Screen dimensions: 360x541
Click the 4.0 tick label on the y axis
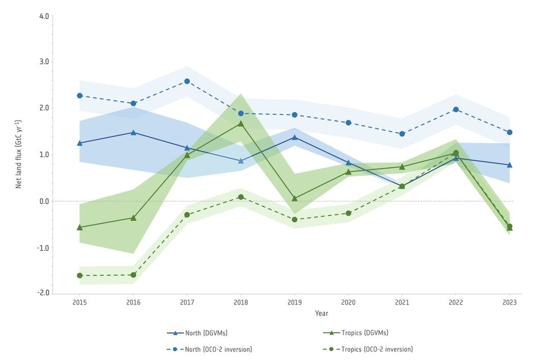[x=43, y=15]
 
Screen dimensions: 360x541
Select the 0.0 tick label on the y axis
[x=43, y=201]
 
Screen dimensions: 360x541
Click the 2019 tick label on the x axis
[x=295, y=303]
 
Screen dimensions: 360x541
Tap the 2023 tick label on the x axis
[x=509, y=303]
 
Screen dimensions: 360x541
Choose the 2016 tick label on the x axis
[x=134, y=303]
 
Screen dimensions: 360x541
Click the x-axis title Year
[x=322, y=313]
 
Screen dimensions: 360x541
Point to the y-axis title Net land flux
[x=19, y=153]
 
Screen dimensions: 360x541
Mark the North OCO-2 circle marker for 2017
[x=187, y=81]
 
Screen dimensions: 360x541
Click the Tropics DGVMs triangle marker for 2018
[x=241, y=123]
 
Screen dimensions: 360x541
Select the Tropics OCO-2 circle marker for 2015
[x=79, y=275]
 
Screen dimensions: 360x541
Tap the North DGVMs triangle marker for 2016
[x=134, y=132]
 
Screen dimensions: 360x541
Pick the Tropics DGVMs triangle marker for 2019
[x=295, y=198]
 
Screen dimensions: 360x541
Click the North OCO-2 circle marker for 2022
[x=456, y=109]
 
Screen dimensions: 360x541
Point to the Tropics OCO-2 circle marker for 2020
[x=348, y=213]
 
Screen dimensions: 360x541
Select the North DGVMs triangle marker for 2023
[x=509, y=165]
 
